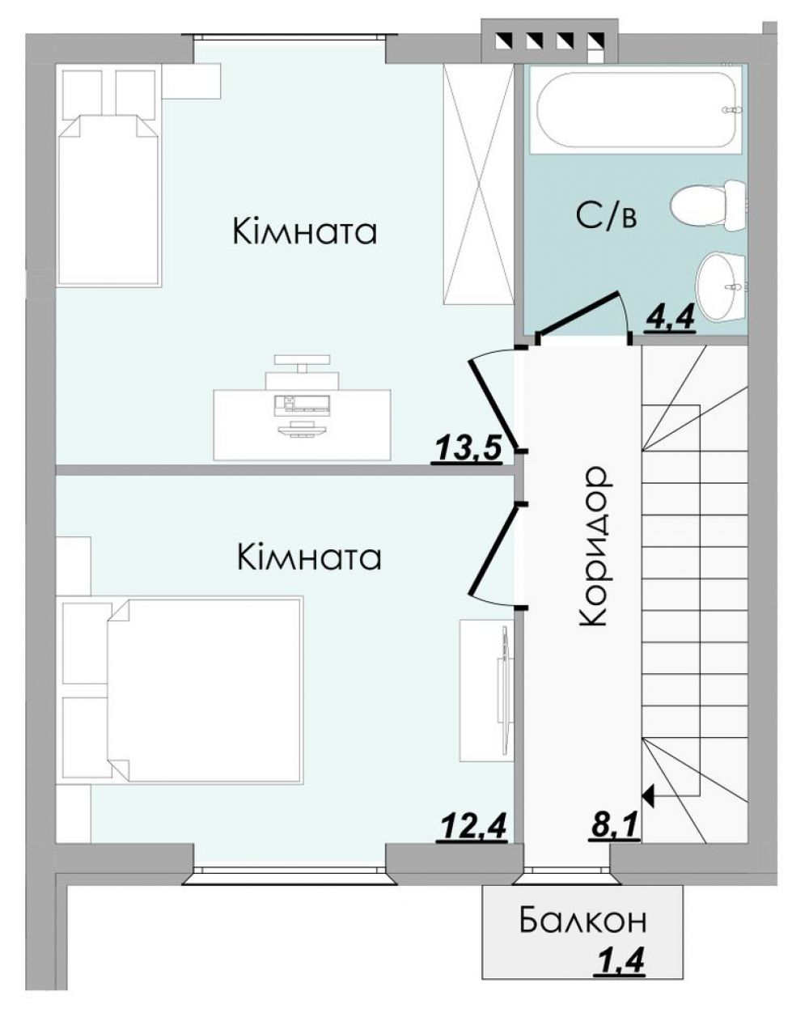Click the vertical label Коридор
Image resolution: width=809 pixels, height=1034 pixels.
pos(593,546)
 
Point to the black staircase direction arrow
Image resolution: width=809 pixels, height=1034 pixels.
pos(649,797)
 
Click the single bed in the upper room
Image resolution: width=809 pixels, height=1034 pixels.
pos(108,200)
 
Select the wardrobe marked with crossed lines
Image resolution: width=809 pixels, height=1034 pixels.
pos(478,184)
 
